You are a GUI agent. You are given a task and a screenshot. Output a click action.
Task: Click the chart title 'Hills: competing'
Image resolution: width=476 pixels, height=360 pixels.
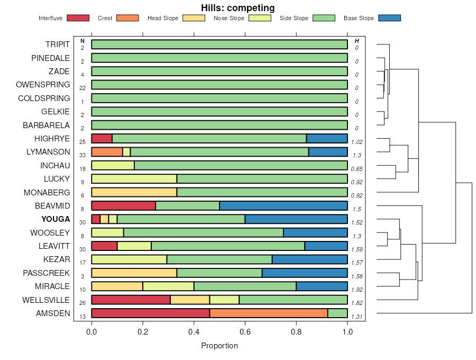[237, 8]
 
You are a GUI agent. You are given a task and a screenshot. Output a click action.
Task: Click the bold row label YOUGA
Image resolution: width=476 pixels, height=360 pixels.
[56, 219]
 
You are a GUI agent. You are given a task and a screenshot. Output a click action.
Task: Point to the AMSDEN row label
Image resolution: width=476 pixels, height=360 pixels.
[53, 313]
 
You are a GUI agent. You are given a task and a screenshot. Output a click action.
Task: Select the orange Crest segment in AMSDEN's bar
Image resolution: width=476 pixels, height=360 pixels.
[269, 313]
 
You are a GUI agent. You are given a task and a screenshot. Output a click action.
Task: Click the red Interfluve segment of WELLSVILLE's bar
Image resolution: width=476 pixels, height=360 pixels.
[131, 300]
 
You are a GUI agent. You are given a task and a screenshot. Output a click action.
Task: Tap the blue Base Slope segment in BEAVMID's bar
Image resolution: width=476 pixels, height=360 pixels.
[283, 206]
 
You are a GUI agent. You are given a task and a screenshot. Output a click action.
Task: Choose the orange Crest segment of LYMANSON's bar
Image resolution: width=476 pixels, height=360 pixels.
[107, 152]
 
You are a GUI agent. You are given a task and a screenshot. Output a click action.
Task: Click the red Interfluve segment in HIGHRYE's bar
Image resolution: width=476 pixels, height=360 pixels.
[102, 139]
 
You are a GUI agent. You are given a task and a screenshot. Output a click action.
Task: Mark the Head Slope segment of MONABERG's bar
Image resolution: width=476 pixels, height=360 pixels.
[134, 192]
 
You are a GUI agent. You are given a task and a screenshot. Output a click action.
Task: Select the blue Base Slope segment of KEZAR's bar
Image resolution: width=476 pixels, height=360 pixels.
[309, 259]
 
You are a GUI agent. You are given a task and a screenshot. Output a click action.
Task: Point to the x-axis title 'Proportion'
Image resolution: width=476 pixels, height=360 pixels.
[219, 346]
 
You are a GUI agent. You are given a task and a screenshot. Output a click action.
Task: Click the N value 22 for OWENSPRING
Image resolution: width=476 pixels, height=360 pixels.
[83, 88]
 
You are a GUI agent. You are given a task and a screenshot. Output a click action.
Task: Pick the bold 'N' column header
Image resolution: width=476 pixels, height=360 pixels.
[83, 41]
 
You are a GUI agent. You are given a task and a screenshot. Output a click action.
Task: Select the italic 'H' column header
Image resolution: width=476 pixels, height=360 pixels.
[357, 41]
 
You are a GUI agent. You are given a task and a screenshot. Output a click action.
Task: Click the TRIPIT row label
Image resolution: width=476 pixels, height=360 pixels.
[57, 44]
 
